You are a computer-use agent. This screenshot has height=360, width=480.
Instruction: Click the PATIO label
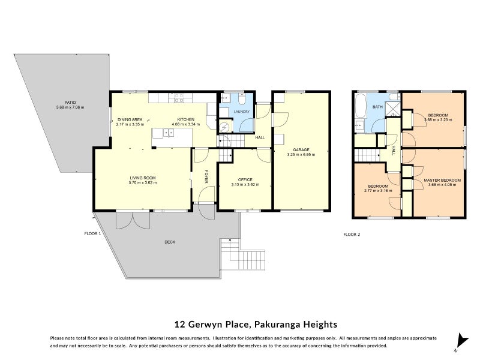(x=58, y=103)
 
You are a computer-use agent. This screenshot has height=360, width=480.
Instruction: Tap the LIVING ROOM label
(x=142, y=178)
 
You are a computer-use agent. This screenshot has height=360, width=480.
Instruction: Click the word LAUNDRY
(x=242, y=112)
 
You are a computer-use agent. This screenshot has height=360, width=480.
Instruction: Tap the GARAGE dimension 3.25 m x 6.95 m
(x=301, y=154)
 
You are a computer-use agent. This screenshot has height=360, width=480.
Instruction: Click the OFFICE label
(x=245, y=179)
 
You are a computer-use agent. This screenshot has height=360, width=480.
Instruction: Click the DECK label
(x=171, y=242)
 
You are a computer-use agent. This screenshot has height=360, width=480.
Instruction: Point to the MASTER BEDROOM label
(x=442, y=180)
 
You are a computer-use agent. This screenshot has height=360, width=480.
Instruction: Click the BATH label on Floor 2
(x=377, y=107)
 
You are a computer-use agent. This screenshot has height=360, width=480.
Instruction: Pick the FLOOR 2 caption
(x=351, y=234)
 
